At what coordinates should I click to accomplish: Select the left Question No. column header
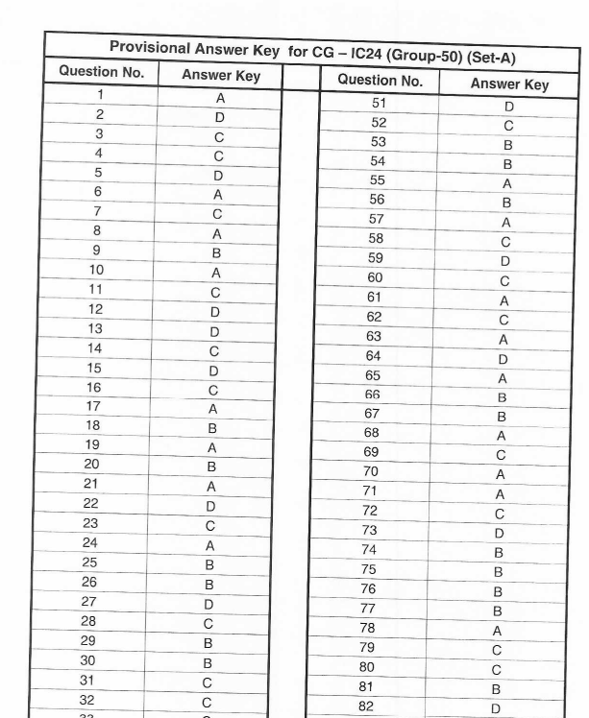pos(101,72)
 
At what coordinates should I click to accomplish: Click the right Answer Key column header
pos(509,84)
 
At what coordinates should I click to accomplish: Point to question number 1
pos(100,95)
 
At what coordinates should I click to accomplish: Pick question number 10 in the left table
pos(96,270)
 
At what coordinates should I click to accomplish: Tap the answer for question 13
pos(215,331)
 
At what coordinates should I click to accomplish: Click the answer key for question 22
pos(210,506)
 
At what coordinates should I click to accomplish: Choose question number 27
pos(89,601)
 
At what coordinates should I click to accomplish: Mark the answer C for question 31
pos(207,683)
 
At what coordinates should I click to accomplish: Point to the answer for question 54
pos(507,164)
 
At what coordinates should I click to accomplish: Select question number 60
pos(375,277)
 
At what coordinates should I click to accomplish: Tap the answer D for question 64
pos(503,359)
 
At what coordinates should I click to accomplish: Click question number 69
pos(371,451)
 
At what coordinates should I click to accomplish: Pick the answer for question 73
pos(500,534)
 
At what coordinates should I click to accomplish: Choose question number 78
pos(368,628)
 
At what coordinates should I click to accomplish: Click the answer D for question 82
pos(496,709)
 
